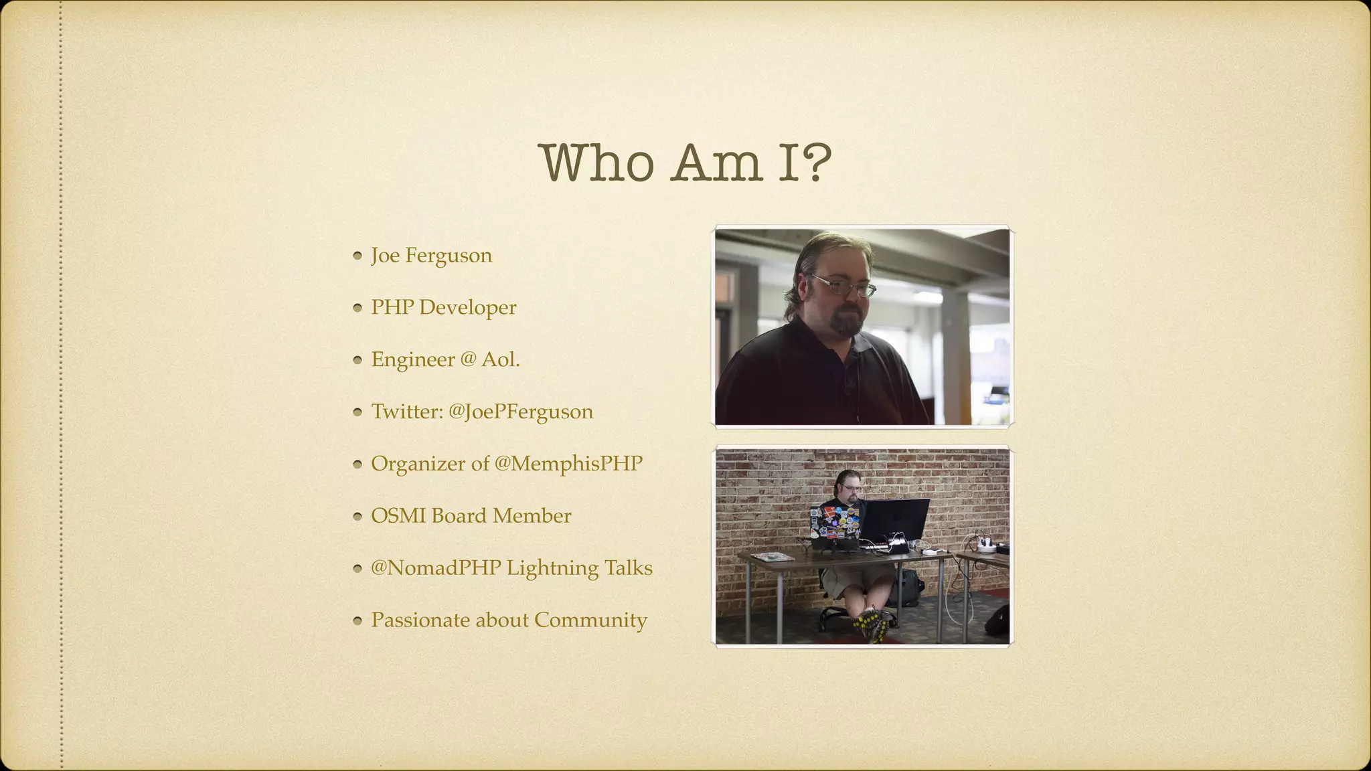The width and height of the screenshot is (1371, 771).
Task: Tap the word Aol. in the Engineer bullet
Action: (500, 359)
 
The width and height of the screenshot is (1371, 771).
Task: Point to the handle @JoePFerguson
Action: (520, 412)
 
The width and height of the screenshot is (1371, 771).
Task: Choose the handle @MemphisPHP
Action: (568, 464)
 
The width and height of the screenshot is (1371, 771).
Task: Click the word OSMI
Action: (398, 516)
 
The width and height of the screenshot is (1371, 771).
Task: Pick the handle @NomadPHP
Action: (435, 568)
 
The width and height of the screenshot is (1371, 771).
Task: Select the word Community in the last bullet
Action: (590, 620)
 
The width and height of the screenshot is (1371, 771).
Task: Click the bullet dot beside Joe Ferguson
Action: (357, 255)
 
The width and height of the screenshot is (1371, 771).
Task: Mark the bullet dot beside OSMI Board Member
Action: (357, 516)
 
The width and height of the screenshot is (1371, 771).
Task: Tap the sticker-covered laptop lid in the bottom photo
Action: (834, 523)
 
